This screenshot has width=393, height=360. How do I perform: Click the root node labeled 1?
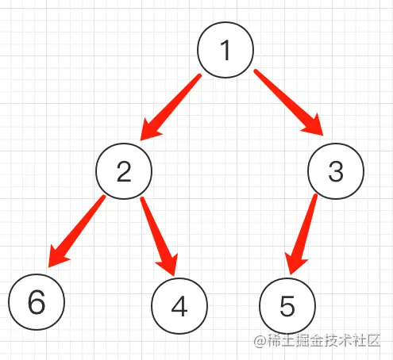tap(225, 50)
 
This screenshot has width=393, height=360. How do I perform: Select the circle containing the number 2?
tap(124, 171)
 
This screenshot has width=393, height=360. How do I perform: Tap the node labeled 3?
tap(336, 171)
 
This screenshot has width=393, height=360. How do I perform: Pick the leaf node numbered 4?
tap(179, 306)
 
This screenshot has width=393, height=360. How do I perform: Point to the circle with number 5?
tap(287, 306)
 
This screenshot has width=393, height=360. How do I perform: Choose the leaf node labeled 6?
tap(37, 302)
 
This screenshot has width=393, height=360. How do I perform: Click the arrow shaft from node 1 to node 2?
tap(176, 101)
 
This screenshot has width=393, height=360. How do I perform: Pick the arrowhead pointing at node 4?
tap(168, 265)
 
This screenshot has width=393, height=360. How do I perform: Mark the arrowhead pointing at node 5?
tap(296, 264)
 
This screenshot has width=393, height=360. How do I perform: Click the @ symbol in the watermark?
tap(259, 341)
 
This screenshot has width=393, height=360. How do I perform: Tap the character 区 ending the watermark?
tap(373, 340)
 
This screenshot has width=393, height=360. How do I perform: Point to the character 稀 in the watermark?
tap(273, 340)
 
